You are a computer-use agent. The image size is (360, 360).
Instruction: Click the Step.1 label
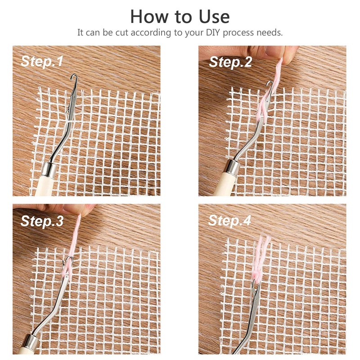[42, 62]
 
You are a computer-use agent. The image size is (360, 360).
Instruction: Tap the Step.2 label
[230, 62]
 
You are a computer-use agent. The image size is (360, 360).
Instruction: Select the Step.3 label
[42, 221]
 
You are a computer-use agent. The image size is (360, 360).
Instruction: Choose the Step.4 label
[230, 221]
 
